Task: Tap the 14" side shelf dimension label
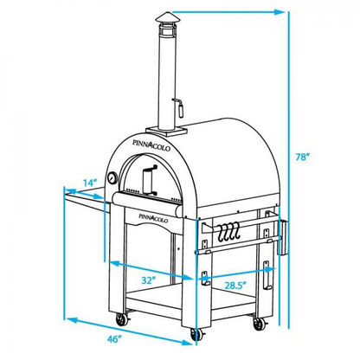(90, 183)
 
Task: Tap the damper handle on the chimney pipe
(179, 107)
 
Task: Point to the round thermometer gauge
(113, 179)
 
